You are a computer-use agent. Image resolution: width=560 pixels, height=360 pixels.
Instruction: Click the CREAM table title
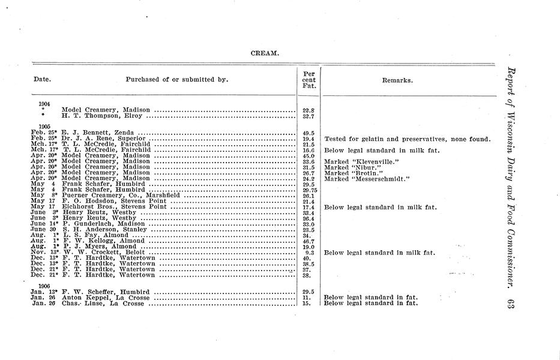tap(264, 53)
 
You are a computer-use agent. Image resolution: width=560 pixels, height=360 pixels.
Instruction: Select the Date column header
tap(42, 80)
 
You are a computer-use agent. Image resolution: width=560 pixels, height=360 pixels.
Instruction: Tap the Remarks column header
tap(397, 80)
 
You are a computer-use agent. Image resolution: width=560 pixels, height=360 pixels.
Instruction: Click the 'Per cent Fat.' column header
tap(309, 80)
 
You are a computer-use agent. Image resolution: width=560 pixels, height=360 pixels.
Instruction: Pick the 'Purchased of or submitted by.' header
tap(177, 80)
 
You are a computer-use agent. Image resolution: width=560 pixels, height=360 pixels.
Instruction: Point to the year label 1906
tap(44, 286)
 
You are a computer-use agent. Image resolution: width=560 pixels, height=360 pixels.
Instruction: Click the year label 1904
tap(44, 103)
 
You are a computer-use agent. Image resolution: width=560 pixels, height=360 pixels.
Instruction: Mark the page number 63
tap(511, 304)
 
